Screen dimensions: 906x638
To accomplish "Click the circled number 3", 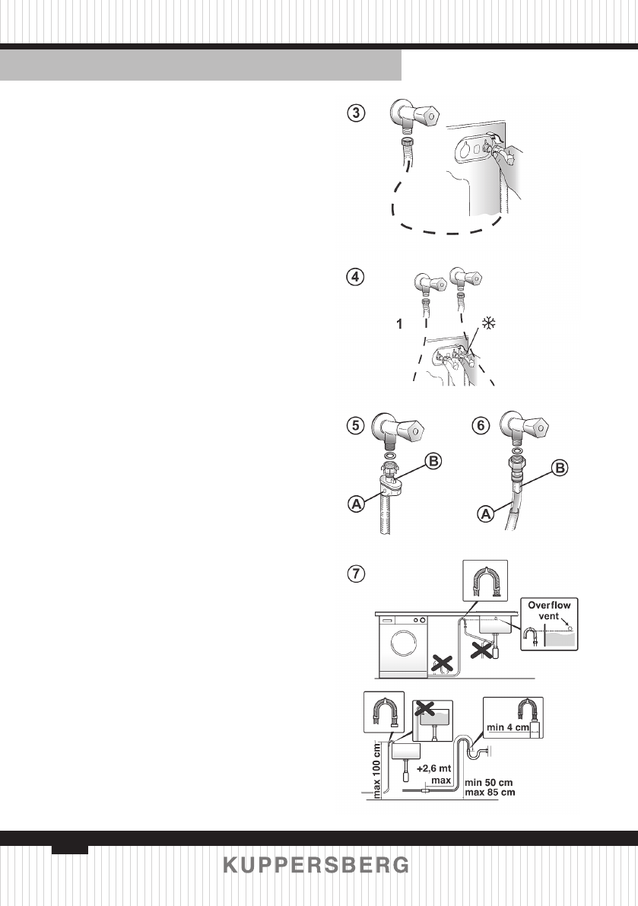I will pos(355,113).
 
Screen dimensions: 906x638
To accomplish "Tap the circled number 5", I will pos(355,426).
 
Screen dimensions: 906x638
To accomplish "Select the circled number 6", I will pos(481,426).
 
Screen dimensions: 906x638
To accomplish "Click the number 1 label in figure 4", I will pos(397,324).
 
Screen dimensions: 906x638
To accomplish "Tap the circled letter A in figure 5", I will pos(354,504).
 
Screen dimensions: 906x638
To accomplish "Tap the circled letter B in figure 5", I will pos(432,461).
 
